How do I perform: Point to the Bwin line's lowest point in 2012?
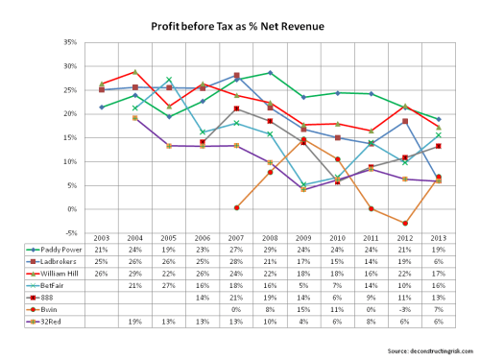pos(404,223)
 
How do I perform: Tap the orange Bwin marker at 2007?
pos(237,208)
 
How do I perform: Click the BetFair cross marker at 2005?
pos(170,80)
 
